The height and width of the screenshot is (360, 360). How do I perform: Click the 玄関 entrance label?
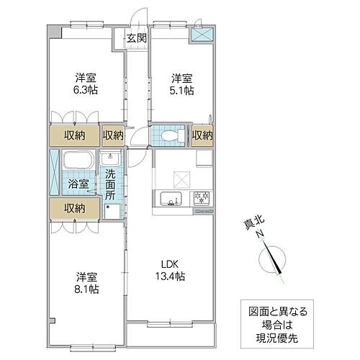[137, 38]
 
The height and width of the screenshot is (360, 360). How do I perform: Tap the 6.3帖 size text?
[85, 91]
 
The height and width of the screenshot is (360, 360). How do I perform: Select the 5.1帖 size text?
[183, 91]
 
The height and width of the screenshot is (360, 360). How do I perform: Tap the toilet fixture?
[168, 135]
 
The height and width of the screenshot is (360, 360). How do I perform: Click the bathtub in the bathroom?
[78, 161]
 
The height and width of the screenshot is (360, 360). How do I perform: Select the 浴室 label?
[78, 184]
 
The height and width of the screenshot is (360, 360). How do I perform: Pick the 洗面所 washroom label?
[111, 184]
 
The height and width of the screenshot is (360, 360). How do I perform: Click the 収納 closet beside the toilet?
[202, 135]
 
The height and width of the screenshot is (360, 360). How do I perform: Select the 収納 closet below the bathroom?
[73, 208]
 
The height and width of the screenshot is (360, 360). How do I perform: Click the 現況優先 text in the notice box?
[274, 336]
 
